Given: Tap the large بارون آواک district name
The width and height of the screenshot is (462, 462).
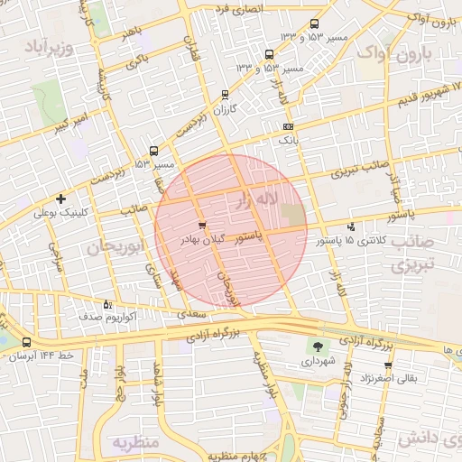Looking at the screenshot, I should [393, 56].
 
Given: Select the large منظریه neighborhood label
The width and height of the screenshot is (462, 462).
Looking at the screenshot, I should [135, 441].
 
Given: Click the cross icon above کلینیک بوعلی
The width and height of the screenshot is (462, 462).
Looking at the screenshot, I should [60, 199].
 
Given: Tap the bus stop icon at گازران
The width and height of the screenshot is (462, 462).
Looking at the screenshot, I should [225, 94].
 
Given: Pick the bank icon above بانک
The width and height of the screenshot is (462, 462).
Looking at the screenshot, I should [288, 127].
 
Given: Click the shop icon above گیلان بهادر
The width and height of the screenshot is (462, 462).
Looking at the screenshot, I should [201, 226].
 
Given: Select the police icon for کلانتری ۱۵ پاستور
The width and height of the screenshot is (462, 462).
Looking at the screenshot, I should [351, 226].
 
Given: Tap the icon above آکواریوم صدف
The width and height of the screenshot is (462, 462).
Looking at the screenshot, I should [108, 304].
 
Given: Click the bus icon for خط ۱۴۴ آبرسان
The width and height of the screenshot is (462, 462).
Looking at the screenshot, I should [25, 343].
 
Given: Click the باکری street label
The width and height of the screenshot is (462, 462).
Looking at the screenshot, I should [136, 60].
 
